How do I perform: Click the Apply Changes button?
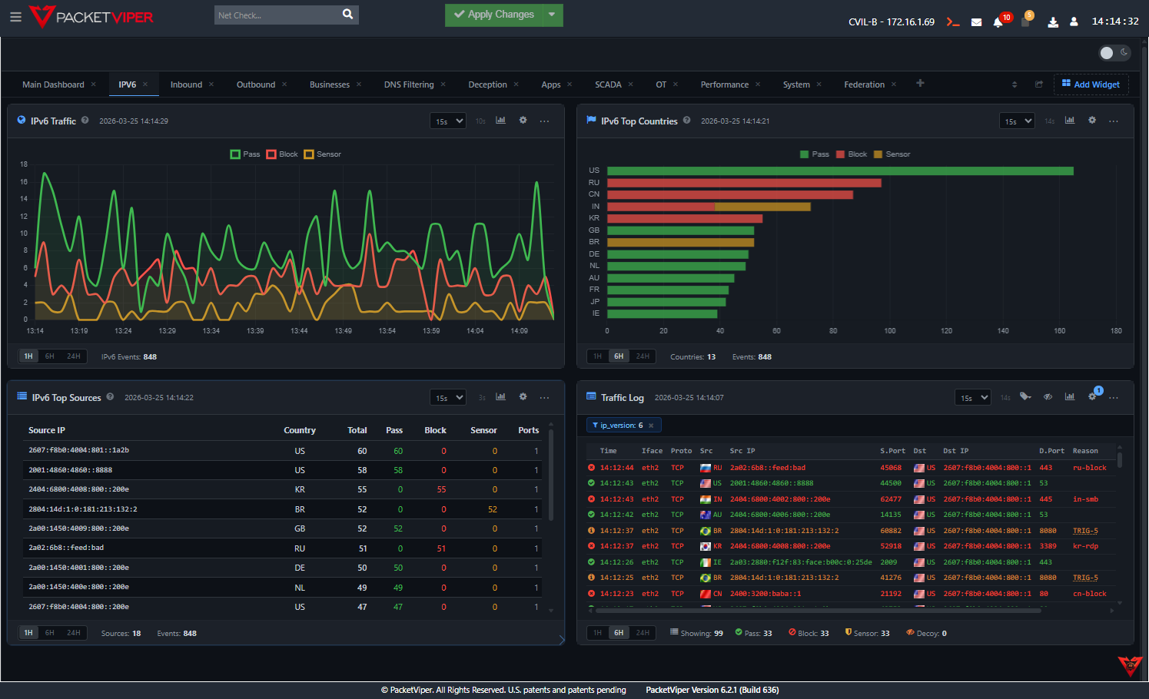[493, 15]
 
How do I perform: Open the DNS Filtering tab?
[408, 84]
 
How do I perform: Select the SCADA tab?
[607, 84]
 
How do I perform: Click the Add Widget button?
[1091, 84]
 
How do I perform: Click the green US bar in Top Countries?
[839, 171]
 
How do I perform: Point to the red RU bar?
[743, 183]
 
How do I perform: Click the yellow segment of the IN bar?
[762, 207]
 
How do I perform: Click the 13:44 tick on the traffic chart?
[299, 331]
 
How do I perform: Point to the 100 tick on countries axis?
[889, 331]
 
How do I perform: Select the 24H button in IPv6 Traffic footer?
[74, 356]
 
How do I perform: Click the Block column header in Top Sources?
[435, 430]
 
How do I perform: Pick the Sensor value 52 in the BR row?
[492, 509]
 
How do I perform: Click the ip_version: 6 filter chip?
[621, 426]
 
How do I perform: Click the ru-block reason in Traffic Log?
[1089, 468]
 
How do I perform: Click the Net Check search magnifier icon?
[347, 15]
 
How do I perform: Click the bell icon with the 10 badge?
[998, 22]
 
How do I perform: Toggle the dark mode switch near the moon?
[1114, 53]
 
